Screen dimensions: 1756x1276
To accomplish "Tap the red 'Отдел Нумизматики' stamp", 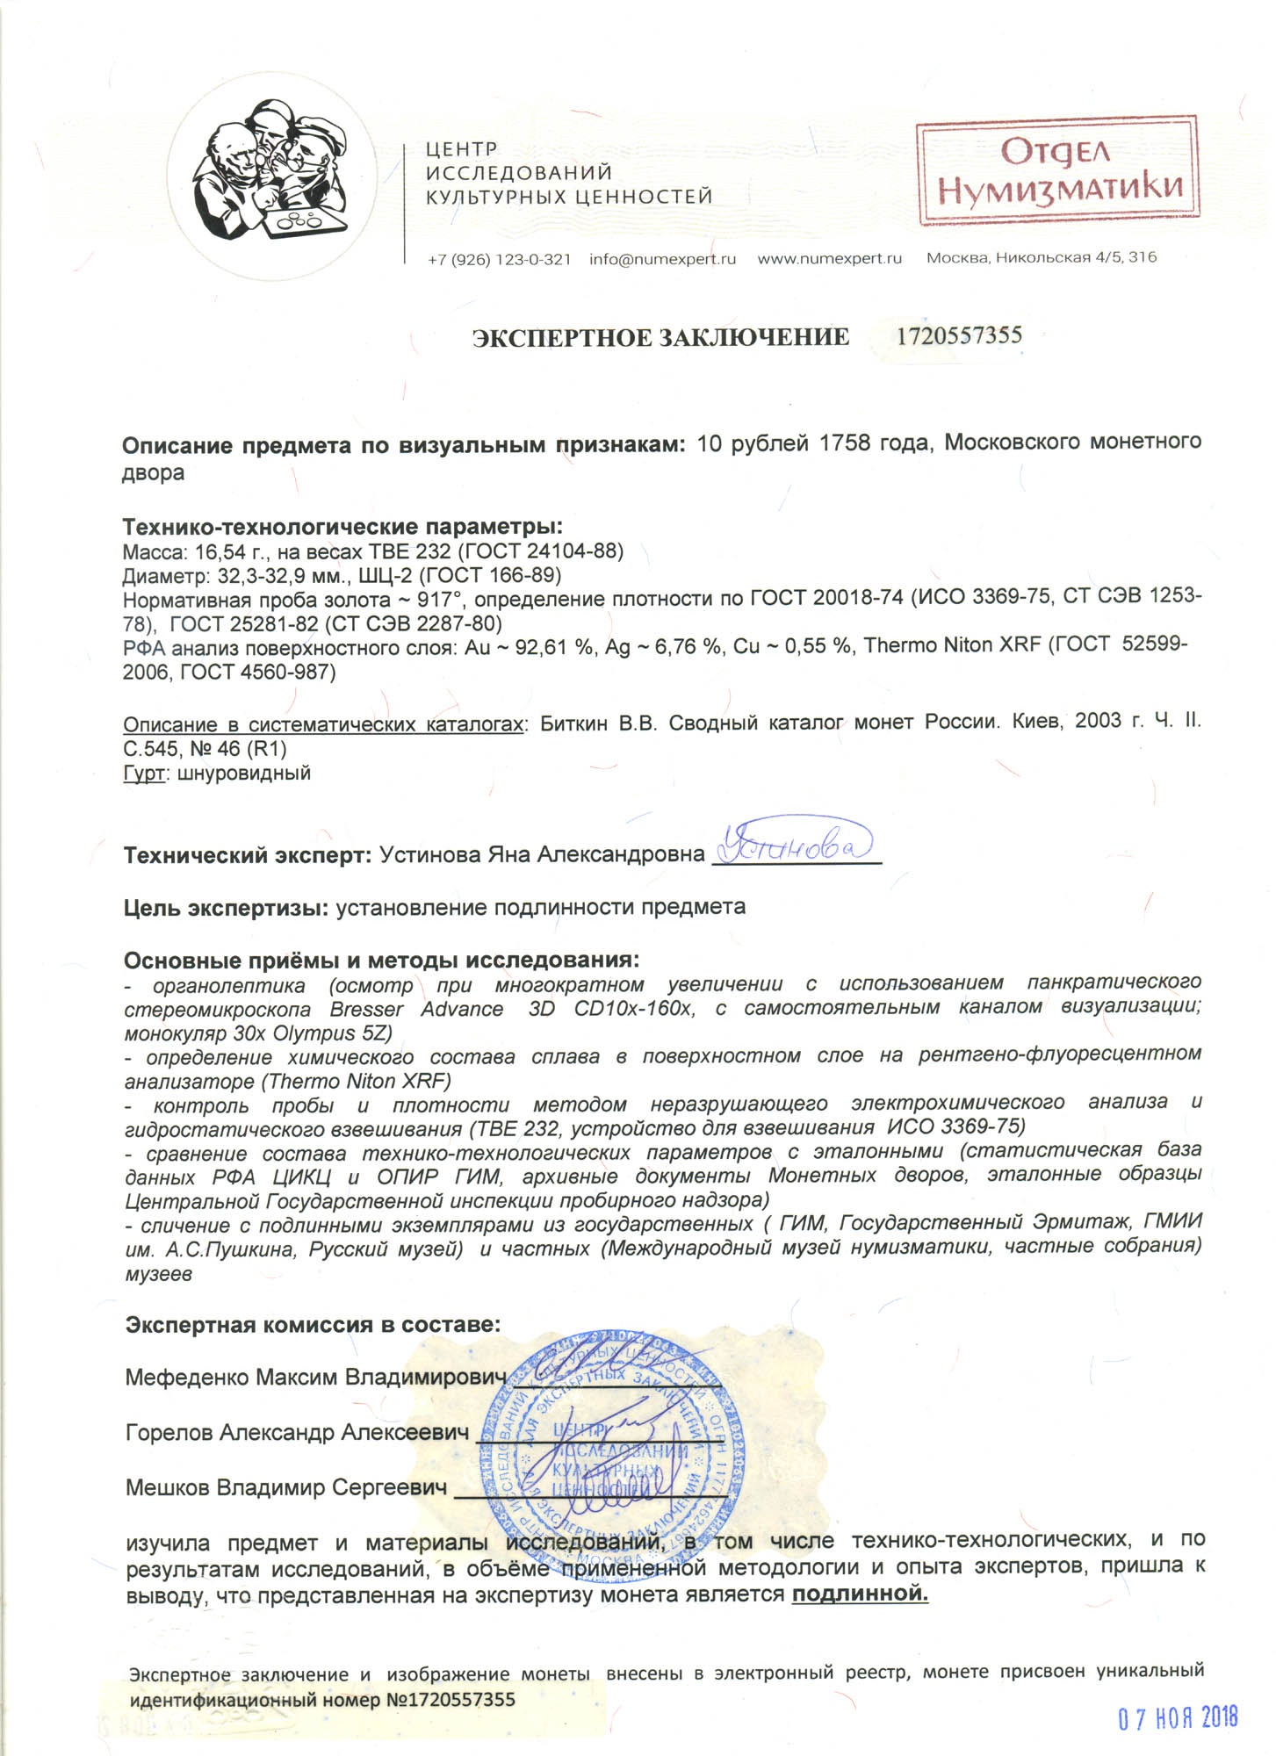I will pyautogui.click(x=1057, y=170).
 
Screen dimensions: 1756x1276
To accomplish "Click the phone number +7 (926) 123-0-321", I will pyautogui.click(x=499, y=260).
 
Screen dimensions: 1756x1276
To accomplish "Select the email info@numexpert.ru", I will pyautogui.click(x=662, y=260).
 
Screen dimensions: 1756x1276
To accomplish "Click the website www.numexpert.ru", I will pyautogui.click(x=829, y=259).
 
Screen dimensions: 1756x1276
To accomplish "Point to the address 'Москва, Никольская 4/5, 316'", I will pyautogui.click(x=1042, y=258).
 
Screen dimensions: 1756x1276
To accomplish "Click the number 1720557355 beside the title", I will pyautogui.click(x=958, y=335).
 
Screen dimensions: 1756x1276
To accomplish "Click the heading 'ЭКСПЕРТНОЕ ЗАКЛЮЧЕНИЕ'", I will pyautogui.click(x=660, y=338).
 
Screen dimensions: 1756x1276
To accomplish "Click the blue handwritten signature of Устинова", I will pyautogui.click(x=795, y=843).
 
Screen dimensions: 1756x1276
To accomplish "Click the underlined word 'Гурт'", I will pyautogui.click(x=144, y=774).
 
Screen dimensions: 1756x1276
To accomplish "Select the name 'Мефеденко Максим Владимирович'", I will pyautogui.click(x=316, y=1376).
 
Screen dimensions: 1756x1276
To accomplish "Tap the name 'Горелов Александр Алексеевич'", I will pyautogui.click(x=297, y=1432).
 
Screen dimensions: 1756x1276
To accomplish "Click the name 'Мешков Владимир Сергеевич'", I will pyautogui.click(x=286, y=1487).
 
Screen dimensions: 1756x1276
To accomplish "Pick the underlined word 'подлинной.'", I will pyautogui.click(x=860, y=1593).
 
